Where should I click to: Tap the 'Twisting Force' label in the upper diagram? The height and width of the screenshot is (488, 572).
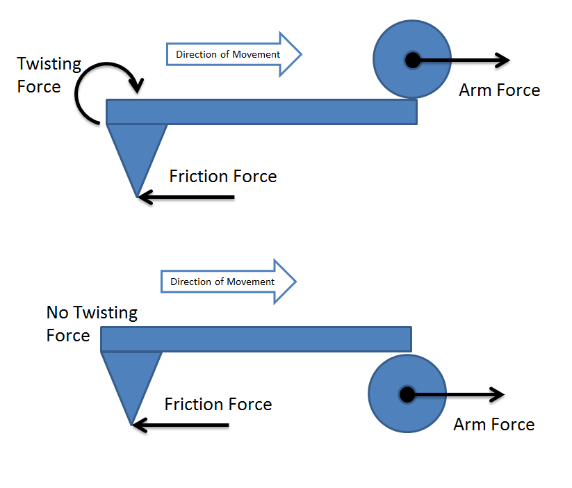[x=49, y=75]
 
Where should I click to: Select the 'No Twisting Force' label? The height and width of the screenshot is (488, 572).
[x=92, y=324]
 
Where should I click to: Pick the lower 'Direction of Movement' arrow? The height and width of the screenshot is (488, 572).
[x=229, y=282]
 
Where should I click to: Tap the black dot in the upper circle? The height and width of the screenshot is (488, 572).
[x=412, y=60]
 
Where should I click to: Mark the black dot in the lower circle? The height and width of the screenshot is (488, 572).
[x=407, y=395]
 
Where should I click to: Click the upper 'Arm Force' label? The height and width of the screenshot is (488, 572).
[x=499, y=90]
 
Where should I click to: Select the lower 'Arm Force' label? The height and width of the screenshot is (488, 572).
[x=493, y=424]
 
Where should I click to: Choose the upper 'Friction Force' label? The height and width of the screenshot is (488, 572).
[x=222, y=177]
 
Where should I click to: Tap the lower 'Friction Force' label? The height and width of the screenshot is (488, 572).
[x=218, y=404]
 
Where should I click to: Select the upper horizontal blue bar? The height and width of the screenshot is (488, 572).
[x=261, y=112]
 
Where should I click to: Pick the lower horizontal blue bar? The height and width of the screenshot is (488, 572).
[x=256, y=339]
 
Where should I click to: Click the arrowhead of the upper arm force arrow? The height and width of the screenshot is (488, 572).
[x=503, y=60]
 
